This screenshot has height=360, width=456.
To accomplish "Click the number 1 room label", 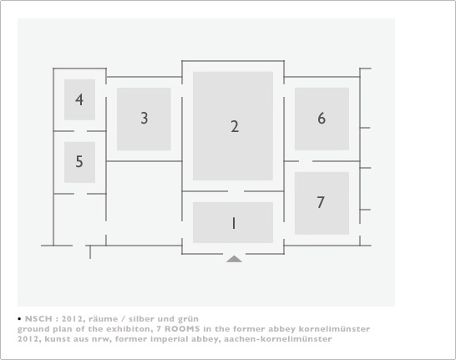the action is pyautogui.click(x=233, y=223).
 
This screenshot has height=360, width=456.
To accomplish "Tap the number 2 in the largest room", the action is pyautogui.click(x=235, y=127).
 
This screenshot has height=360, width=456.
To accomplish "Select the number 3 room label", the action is pyautogui.click(x=144, y=119).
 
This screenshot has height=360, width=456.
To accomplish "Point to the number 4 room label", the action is pyautogui.click(x=79, y=99).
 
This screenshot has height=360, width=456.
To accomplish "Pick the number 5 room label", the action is pyautogui.click(x=79, y=161).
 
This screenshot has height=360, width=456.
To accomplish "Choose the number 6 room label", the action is pyautogui.click(x=322, y=119).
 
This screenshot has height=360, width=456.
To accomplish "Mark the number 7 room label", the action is pyautogui.click(x=321, y=202).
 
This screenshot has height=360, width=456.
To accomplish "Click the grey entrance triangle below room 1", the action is pyautogui.click(x=234, y=259).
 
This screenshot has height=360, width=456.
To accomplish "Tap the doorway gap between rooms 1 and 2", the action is pyautogui.click(x=236, y=191).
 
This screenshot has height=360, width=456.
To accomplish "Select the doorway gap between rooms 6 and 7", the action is pyautogui.click(x=306, y=161).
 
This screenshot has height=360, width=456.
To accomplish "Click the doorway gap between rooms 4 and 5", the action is pyautogui.click(x=80, y=131).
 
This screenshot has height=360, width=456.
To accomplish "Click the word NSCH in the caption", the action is pyautogui.click(x=38, y=319).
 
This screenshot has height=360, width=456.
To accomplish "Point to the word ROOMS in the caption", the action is pyautogui.click(x=182, y=329).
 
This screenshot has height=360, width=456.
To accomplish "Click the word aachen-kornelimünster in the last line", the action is pyautogui.click(x=278, y=339).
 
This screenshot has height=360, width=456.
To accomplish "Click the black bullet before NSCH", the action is pyautogui.click(x=19, y=319).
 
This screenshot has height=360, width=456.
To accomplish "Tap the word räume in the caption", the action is pyautogui.click(x=103, y=319).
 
